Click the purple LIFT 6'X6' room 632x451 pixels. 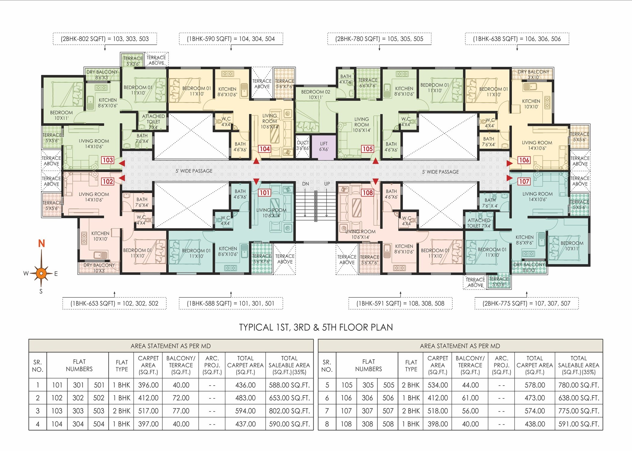[324, 146]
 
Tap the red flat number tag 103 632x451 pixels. [107, 160]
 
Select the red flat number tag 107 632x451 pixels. [524, 181]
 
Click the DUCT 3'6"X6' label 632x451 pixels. [302, 146]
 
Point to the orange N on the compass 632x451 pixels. [42, 243]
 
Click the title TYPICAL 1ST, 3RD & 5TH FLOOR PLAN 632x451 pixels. [316, 327]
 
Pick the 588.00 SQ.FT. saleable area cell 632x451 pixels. [289, 385]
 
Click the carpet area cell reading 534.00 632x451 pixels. [438, 385]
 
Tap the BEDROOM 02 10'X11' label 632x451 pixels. [315, 94]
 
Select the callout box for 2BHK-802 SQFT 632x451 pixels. [105, 39]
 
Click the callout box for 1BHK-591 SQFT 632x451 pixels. [400, 303]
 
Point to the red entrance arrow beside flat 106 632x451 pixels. [509, 163]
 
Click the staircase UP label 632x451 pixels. [327, 184]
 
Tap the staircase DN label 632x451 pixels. [305, 184]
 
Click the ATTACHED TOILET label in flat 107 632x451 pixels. [479, 223]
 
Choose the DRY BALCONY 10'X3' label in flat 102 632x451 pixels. [99, 268]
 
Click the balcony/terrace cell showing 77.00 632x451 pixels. [181, 411]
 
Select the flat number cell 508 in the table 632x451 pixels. [388, 424]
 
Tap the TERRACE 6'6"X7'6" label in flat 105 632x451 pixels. [368, 83]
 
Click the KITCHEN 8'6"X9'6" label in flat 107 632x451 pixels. [524, 240]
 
